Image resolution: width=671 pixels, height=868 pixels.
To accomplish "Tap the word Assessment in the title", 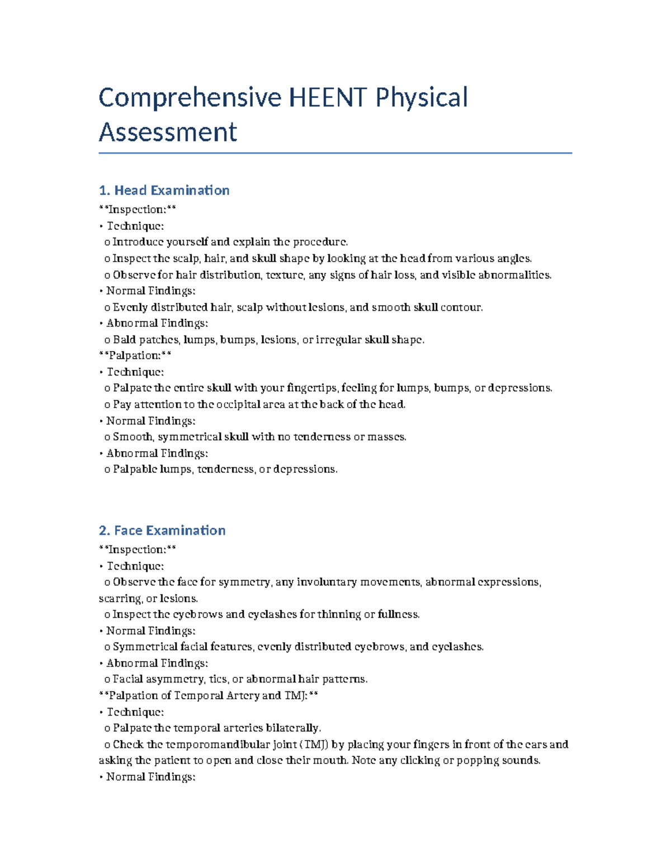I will (x=168, y=132).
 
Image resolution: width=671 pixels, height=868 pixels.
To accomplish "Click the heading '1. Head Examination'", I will (x=164, y=190).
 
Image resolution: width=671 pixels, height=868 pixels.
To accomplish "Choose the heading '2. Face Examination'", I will (x=162, y=530).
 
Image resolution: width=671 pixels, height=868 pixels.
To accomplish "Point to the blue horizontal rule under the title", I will (x=335, y=153).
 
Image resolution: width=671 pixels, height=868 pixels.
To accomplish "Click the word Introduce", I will (x=138, y=242).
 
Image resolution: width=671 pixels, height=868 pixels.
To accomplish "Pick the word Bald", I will (x=124, y=340).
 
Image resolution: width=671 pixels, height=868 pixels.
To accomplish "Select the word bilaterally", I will (x=293, y=728).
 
